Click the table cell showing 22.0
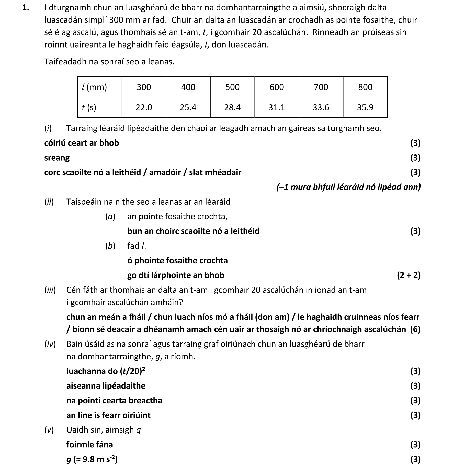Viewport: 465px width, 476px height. coord(144,107)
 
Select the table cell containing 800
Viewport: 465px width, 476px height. coord(365,87)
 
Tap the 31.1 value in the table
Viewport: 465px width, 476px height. coord(277,107)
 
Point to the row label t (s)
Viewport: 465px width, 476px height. coord(89,107)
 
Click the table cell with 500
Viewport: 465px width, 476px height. coord(232,87)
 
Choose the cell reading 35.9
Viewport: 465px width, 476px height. coord(365,107)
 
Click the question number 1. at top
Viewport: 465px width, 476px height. coord(26,8)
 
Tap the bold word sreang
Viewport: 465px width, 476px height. coord(57,158)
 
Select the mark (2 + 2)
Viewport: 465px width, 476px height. coord(409,275)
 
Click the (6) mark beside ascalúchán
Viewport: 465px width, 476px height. coord(415,329)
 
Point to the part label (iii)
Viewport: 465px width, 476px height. coord(50,290)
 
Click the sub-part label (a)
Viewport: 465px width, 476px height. coord(110,217)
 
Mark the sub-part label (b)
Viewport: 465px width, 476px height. coord(110,246)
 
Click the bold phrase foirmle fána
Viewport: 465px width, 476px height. coord(89,445)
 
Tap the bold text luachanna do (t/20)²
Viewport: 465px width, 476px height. coord(106,371)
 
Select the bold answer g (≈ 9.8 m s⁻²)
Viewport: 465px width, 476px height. coord(92,459)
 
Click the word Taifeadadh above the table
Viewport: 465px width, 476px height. coord(65,62)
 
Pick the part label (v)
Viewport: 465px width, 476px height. coord(49,430)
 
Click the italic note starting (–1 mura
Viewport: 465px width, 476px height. coord(348,187)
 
